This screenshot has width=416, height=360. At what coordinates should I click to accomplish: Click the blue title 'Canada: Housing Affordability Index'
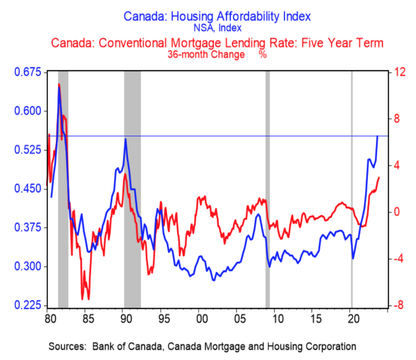click(x=216, y=17)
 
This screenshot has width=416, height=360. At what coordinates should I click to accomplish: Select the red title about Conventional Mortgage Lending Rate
click(x=217, y=43)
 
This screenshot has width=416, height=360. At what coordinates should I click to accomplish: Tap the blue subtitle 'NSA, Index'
click(x=217, y=28)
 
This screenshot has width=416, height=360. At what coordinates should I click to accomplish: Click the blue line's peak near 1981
click(x=59, y=88)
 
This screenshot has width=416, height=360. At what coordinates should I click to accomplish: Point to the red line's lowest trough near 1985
click(x=89, y=299)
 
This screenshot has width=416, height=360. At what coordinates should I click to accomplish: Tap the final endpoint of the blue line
click(x=377, y=136)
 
